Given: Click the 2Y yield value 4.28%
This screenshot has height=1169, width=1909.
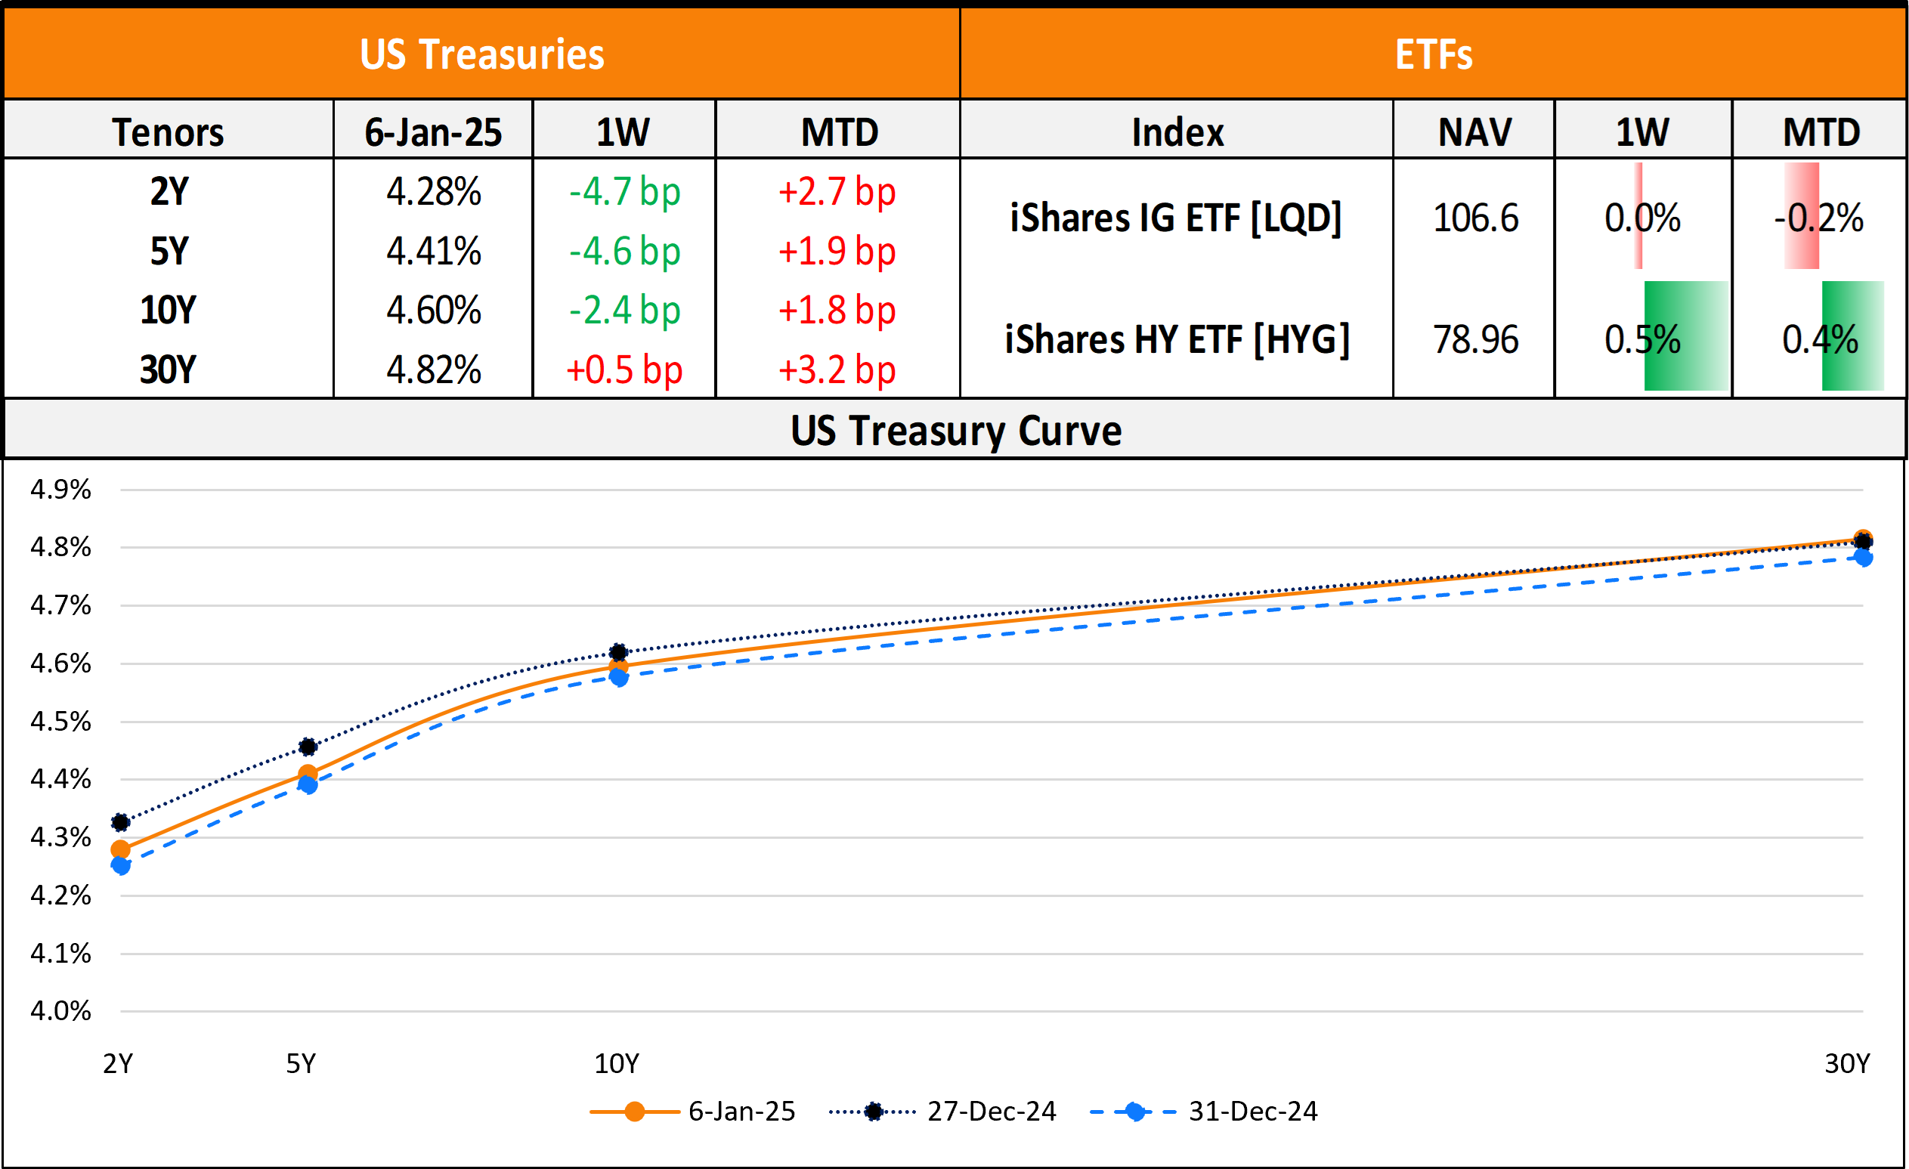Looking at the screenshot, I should tap(433, 191).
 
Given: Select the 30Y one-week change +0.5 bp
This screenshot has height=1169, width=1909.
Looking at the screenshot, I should tap(623, 370).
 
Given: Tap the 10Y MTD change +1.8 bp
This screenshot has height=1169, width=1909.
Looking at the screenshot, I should tap(837, 310).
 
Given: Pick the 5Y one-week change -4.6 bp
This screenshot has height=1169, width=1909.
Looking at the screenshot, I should tap(623, 251).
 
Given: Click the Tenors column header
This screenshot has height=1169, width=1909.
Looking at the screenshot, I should tap(168, 131).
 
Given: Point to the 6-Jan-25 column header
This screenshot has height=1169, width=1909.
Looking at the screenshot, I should tap(433, 131).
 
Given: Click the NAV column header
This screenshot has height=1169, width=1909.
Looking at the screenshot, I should tap(1474, 131).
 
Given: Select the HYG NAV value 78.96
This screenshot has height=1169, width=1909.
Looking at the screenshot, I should tap(1475, 339).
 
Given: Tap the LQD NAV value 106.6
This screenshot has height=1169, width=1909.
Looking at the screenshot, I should tap(1475, 218).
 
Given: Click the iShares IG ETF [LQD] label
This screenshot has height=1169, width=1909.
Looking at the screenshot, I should tap(1176, 218).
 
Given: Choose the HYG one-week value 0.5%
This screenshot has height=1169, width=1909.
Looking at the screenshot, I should tap(1642, 339).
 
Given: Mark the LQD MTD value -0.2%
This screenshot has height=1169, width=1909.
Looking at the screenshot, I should tap(1818, 218).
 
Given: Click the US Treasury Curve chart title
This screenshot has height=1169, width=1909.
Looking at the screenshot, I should tap(955, 430).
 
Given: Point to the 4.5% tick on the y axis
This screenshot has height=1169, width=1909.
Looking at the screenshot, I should tap(60, 721).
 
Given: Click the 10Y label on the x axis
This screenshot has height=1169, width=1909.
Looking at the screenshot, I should tap(617, 1064).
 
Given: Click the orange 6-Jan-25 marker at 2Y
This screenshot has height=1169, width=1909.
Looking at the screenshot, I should tap(121, 849).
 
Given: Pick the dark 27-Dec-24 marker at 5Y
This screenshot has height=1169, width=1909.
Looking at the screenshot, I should tap(308, 747).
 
